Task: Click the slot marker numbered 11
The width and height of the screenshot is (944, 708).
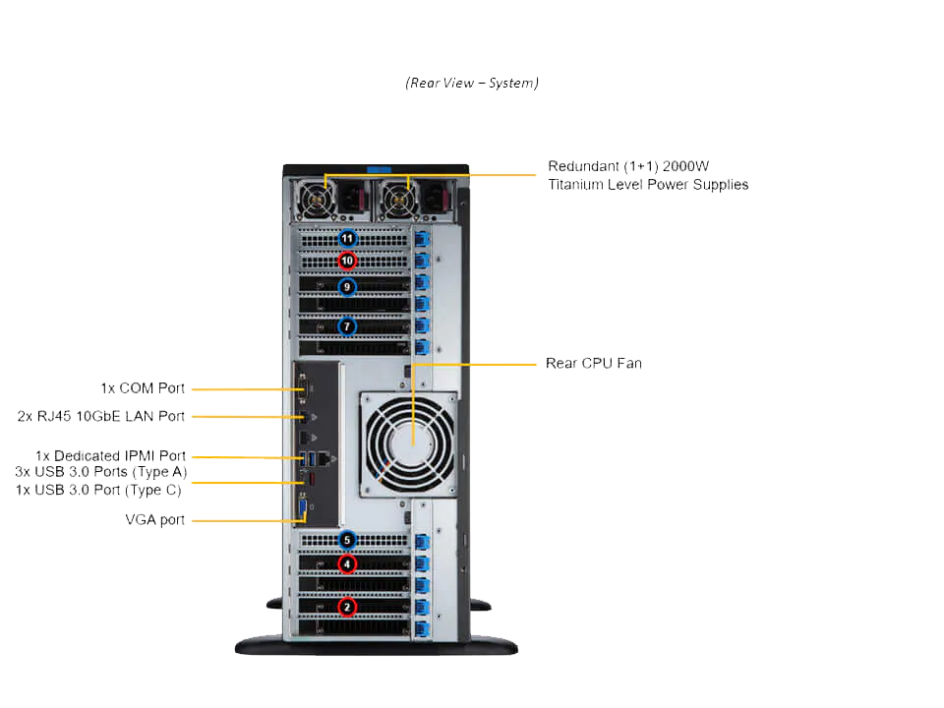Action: tap(347, 238)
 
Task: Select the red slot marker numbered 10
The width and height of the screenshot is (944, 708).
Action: tap(346, 261)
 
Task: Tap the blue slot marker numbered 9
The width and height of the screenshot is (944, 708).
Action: tap(346, 287)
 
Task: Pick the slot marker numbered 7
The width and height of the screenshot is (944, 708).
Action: tap(346, 325)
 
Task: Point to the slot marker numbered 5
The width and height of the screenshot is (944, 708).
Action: tap(346, 540)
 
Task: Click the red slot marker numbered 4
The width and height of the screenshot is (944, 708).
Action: tap(346, 564)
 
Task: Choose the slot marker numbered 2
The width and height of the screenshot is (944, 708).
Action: tap(346, 606)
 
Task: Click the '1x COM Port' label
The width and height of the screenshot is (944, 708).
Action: tap(143, 388)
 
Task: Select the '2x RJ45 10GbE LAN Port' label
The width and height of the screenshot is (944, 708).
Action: tap(101, 416)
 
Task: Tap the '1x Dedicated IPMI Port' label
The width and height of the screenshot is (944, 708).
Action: tap(110, 456)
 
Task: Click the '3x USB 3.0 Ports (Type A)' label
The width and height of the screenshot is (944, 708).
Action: tap(100, 472)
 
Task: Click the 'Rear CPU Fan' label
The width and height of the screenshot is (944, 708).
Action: tap(593, 364)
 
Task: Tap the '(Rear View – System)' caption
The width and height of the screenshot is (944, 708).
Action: tap(472, 83)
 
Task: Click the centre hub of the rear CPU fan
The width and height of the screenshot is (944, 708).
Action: tap(410, 444)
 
